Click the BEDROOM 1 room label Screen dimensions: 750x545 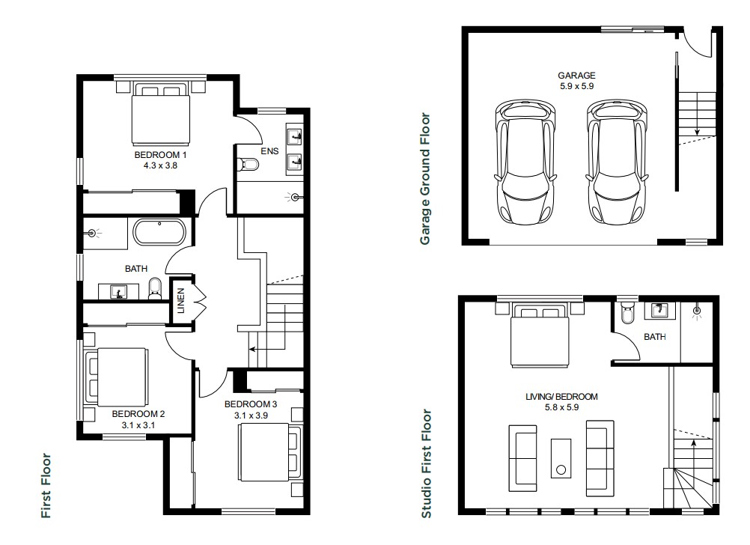click(x=160, y=155)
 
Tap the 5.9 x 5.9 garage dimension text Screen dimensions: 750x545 click(x=576, y=86)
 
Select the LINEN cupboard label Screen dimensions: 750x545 click(x=181, y=300)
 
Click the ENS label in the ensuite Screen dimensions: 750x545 click(x=269, y=151)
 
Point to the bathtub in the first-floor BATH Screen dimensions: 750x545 click(x=159, y=233)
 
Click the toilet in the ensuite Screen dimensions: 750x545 click(x=248, y=165)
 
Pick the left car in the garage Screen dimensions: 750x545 click(x=525, y=162)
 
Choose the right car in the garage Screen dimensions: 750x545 click(x=617, y=162)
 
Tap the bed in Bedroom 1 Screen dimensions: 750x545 click(x=160, y=114)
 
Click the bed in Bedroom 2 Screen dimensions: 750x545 click(x=117, y=377)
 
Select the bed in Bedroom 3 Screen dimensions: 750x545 click(x=270, y=453)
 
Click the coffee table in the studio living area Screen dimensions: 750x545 click(x=561, y=458)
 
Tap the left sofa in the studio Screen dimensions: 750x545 click(x=522, y=458)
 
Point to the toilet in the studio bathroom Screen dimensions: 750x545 click(x=626, y=314)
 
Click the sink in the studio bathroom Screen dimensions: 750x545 click(x=659, y=310)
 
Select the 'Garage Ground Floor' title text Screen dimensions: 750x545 click(x=425, y=179)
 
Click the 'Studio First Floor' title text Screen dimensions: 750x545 click(x=426, y=463)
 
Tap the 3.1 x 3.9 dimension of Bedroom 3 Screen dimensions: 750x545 click(x=251, y=415)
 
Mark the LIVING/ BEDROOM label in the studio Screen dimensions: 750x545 click(x=561, y=397)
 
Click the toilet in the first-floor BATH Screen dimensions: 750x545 click(x=155, y=288)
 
